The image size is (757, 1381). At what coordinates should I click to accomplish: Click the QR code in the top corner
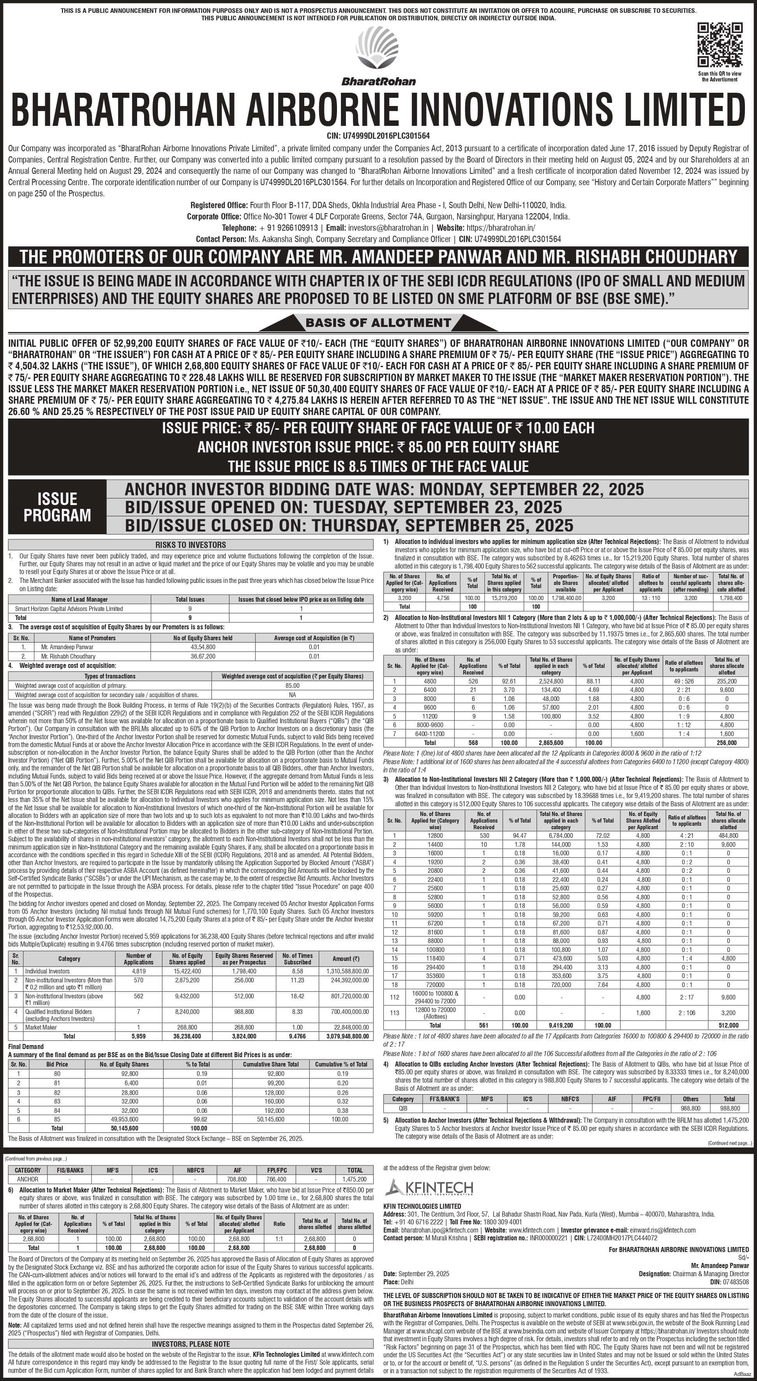(x=720, y=45)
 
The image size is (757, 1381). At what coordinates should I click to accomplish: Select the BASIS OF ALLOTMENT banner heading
(x=378, y=323)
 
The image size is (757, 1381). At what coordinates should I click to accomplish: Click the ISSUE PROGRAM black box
(x=57, y=507)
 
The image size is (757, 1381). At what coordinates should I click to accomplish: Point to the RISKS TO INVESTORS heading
(x=191, y=544)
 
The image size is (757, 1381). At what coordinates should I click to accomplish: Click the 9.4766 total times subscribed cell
(x=298, y=1036)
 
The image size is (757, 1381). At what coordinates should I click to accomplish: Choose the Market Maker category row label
(x=41, y=1027)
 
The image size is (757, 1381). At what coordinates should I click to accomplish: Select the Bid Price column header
(x=57, y=1064)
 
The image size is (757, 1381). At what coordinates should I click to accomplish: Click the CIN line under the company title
(x=378, y=136)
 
